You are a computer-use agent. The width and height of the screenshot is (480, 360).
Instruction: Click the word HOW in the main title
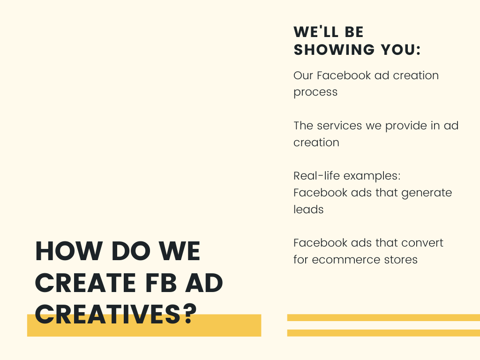pos(69,251)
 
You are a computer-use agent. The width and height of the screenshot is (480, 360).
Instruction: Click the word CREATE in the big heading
pos(85,283)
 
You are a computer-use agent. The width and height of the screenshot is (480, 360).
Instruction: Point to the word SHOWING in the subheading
pos(334,50)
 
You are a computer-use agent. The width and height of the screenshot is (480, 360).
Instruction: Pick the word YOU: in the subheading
pos(401,50)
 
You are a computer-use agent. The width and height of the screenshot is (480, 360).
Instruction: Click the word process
pos(315,92)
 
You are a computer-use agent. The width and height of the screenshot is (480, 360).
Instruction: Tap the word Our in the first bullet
pos(303,75)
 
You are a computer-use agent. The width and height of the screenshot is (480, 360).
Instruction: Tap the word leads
pos(308,210)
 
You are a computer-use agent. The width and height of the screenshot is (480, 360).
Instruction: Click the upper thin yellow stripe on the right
pos(383,317)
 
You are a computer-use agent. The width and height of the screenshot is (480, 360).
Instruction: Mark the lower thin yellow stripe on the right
pos(383,333)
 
